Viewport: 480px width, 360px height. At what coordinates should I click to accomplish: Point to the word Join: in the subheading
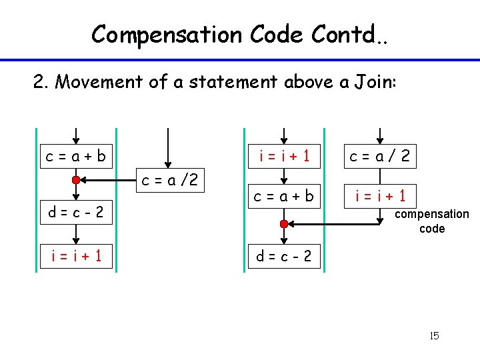373,82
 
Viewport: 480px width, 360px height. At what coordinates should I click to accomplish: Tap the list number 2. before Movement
42,82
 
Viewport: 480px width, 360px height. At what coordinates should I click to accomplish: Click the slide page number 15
434,335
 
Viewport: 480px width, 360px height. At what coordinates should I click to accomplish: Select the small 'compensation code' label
432,221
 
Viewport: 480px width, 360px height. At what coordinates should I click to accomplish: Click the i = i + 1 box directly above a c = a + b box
284,157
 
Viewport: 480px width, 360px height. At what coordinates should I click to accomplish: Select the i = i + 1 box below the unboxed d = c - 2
77,255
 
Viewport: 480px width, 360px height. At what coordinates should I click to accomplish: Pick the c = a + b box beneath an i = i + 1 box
284,196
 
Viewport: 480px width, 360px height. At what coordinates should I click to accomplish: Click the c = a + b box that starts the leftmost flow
76,157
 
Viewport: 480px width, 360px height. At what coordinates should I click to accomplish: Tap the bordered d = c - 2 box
284,255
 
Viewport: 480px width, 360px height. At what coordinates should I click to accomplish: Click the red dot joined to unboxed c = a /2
77,180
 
